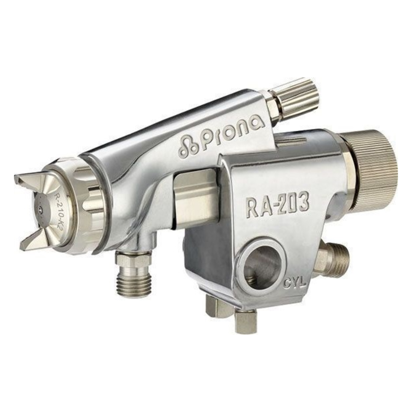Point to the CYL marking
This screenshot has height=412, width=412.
click(x=295, y=283)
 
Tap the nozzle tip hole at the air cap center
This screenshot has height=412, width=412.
click(x=41, y=209)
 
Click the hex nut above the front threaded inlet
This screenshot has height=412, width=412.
click(x=133, y=259)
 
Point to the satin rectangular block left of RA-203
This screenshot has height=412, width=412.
click(x=195, y=200)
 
